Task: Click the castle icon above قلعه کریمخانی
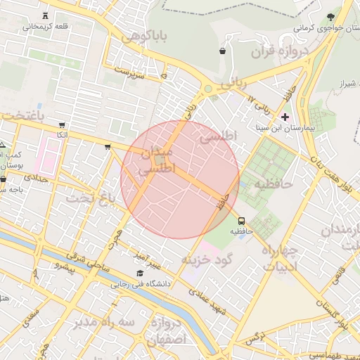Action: click(46, 15)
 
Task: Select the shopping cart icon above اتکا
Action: click(63, 124)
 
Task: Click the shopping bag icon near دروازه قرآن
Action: click(223, 51)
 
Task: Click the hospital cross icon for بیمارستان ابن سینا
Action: click(285, 116)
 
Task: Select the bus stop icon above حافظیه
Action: click(242, 220)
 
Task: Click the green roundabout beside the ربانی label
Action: click(208, 89)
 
